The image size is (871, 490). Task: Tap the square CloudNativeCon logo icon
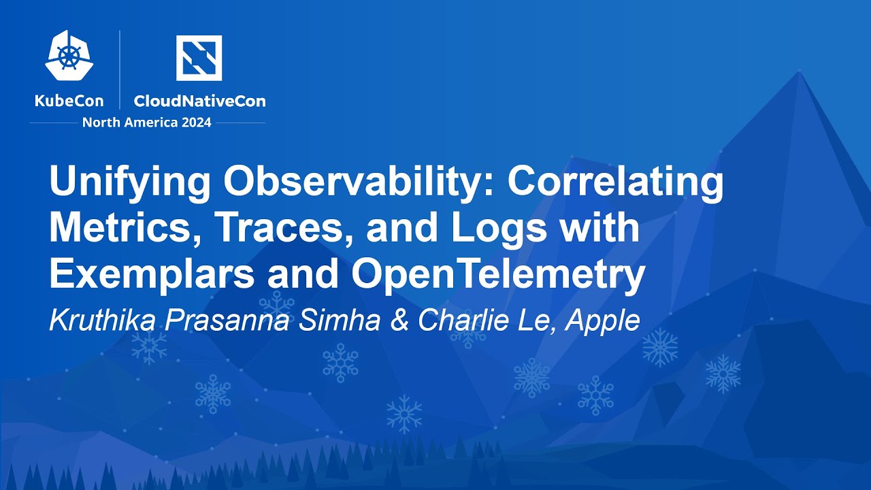(199, 58)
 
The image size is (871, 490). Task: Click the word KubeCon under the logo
(69, 101)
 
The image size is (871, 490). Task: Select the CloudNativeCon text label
(199, 101)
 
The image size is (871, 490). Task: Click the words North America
(125, 122)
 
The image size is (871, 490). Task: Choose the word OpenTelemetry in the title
(497, 274)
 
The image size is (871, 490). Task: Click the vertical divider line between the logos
(120, 69)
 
